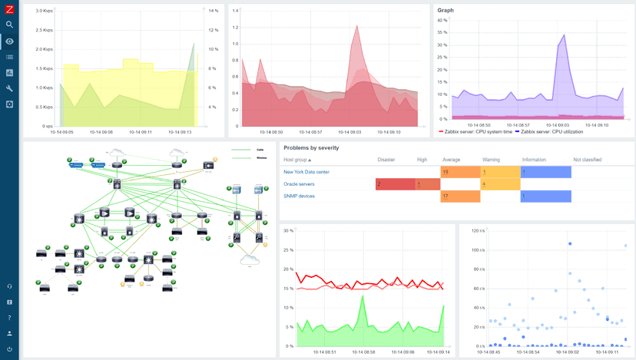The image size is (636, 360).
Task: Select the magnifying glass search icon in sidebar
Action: click(9, 25)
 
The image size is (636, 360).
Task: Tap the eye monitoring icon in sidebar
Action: click(9, 41)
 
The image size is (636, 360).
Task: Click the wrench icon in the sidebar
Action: click(9, 88)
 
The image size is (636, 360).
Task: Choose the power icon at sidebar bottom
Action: click(9, 349)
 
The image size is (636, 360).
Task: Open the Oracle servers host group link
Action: click(299, 184)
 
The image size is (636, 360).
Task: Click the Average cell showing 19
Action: click(459, 173)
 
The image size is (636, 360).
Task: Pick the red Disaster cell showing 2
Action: click(393, 184)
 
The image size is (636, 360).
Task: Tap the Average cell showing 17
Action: click(459, 197)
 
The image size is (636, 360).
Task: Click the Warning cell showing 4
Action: click(499, 184)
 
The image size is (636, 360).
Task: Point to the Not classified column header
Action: click(587, 160)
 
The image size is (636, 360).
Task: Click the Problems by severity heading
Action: click(311, 147)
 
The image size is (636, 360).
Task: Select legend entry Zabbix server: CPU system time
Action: click(476, 131)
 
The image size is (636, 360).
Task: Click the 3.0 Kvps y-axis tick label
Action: click(44, 31)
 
